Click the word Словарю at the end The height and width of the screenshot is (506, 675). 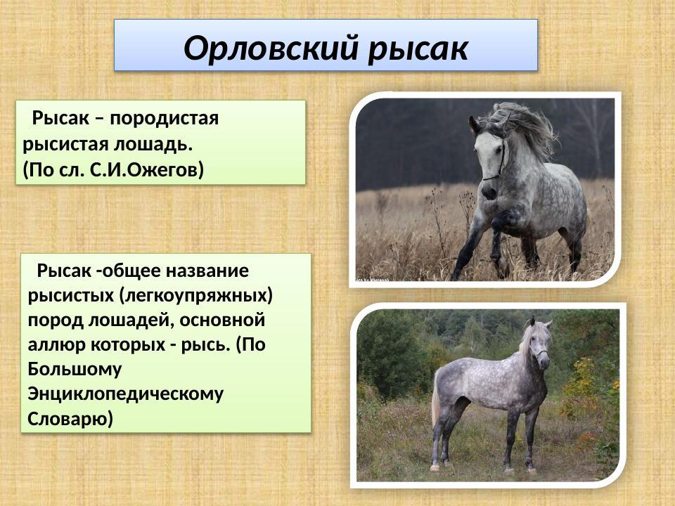coord(70,420)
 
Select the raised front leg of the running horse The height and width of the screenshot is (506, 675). coord(501,235)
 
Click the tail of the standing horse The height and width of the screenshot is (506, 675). coord(436,401)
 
